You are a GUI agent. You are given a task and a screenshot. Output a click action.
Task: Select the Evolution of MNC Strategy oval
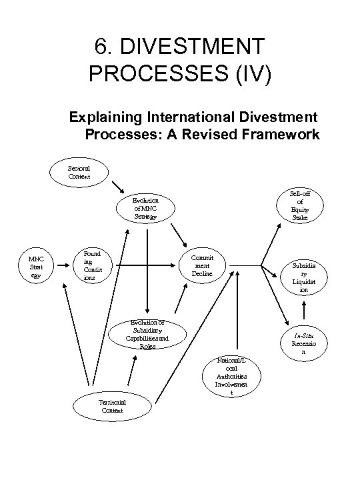coord(145,207)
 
